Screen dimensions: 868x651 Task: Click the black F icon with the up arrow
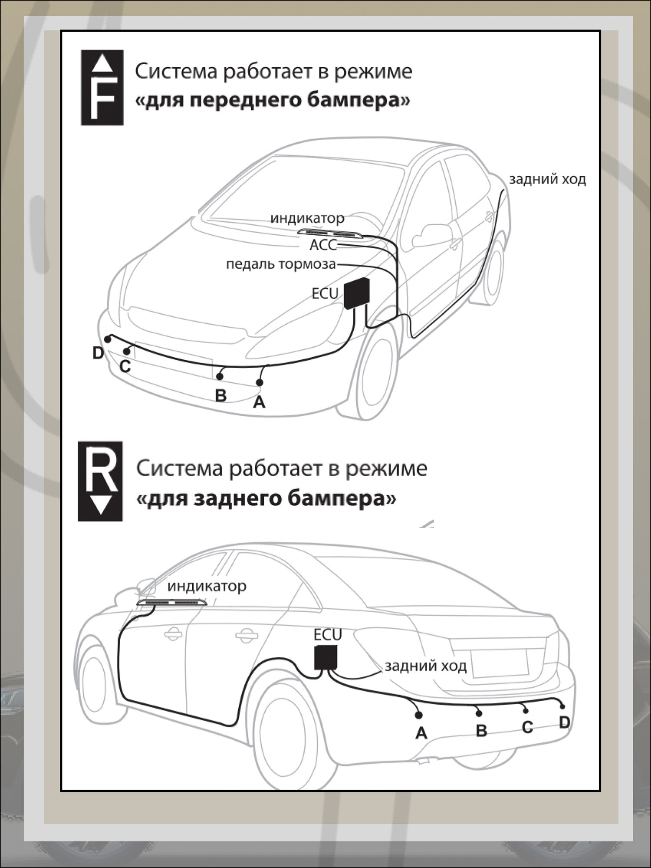point(102,88)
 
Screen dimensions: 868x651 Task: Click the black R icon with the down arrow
point(100,481)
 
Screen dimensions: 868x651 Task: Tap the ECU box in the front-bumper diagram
point(357,293)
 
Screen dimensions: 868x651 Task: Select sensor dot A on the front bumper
point(260,382)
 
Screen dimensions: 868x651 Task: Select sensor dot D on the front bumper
point(107,338)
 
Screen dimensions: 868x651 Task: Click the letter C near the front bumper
point(125,367)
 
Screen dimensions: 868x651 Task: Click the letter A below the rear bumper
point(421,733)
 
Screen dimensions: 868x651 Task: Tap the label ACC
point(323,245)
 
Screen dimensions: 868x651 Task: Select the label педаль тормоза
point(281,264)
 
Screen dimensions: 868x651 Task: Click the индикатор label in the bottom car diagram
point(207,586)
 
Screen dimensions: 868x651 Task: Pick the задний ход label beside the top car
point(547,179)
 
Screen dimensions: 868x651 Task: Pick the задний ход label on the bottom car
point(425,666)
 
